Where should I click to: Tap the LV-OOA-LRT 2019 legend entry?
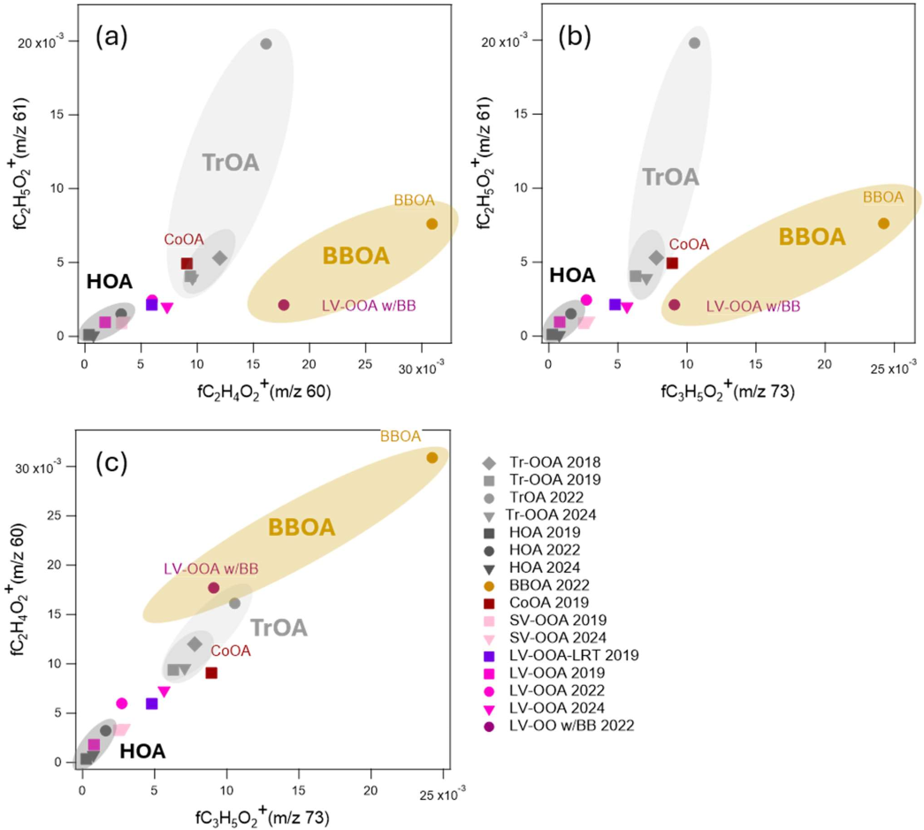(561, 655)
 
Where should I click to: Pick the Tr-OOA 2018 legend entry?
(542, 462)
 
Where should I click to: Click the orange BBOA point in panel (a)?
(432, 224)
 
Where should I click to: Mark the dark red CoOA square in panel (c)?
(211, 673)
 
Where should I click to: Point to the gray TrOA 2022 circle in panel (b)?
(694, 43)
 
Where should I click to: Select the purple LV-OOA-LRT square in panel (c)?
(151, 704)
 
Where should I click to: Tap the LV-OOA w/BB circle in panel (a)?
(284, 305)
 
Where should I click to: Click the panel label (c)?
(111, 463)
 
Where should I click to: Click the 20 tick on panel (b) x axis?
(824, 365)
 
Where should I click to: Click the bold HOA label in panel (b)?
(572, 275)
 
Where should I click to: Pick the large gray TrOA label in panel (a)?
(231, 163)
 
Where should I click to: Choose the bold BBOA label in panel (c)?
(302, 527)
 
